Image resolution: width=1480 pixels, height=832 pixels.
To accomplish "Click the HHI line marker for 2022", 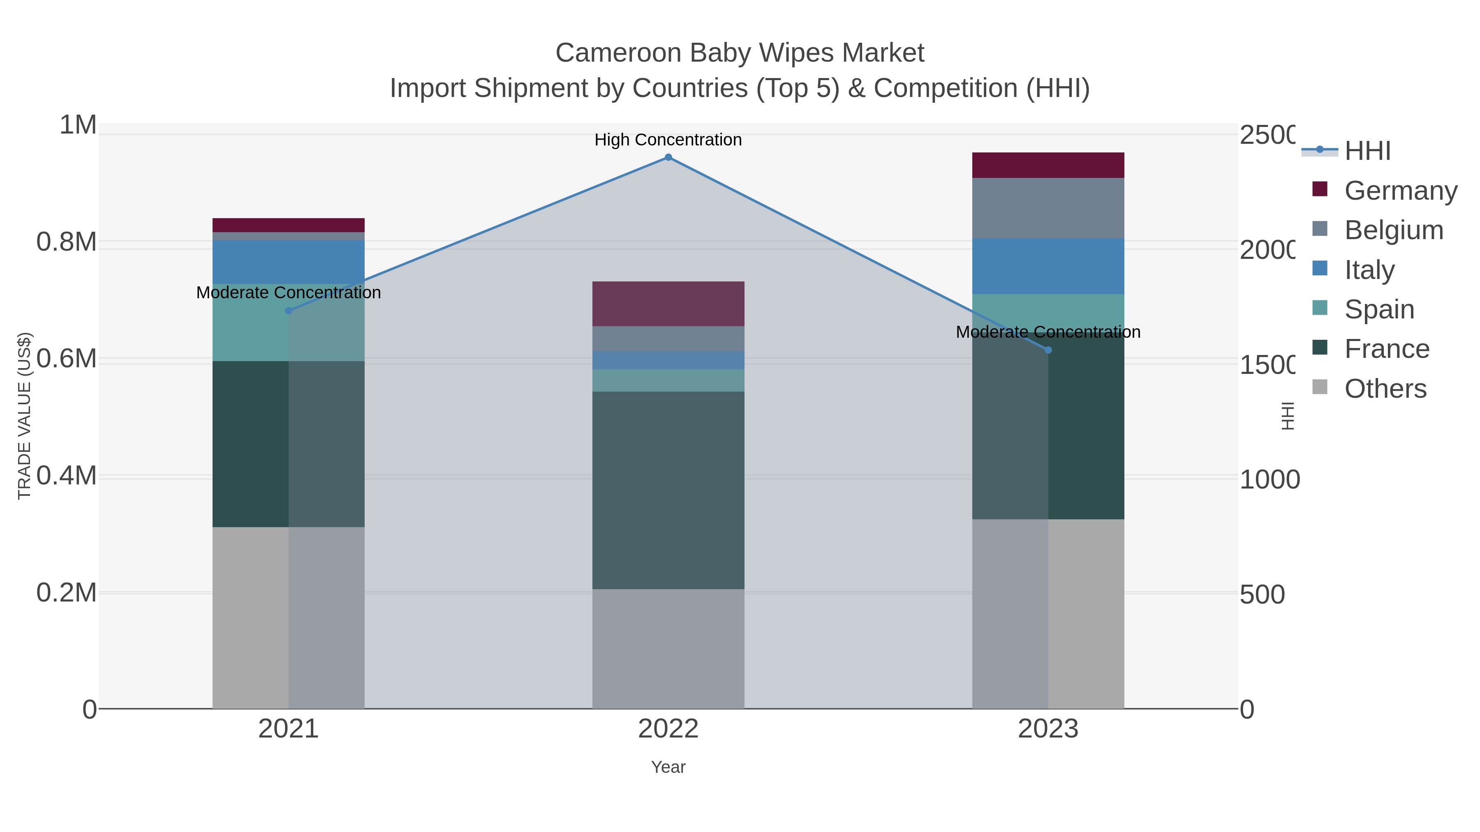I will coord(668,157).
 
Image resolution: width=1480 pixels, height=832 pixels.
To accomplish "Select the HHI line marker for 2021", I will coord(289,311).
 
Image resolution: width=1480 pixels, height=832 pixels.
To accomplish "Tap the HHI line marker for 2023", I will coord(1048,350).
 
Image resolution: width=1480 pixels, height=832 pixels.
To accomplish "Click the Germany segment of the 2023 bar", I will coord(1048,165).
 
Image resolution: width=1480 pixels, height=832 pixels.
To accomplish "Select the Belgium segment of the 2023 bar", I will coord(1048,208).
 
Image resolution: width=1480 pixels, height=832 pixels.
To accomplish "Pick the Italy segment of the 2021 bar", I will coord(289,262).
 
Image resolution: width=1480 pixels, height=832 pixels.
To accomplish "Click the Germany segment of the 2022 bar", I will coord(668,304).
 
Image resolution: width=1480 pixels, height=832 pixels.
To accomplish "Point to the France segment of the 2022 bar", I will coord(668,490).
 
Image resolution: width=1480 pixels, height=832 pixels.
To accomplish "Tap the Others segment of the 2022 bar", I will coord(668,648).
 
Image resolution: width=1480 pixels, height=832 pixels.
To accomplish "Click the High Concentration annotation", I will coord(668,140).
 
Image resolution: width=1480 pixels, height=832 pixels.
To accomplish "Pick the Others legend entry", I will coord(1385,389).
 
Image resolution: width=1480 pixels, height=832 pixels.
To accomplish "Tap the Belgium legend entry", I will coord(1393,230).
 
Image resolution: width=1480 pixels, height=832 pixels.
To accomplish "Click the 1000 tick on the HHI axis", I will coord(1269,479).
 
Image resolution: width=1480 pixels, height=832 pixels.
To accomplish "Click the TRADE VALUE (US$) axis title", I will coord(24,416).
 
